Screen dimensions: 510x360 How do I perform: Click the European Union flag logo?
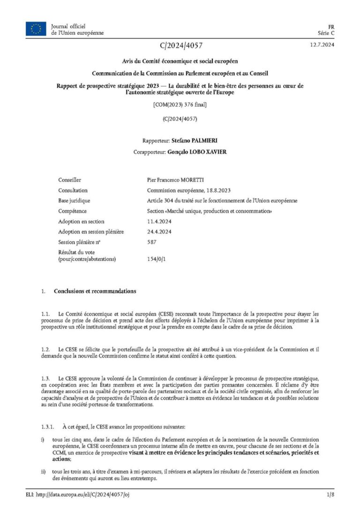[x=36, y=29]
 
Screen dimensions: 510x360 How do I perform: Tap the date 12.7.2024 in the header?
[x=321, y=45]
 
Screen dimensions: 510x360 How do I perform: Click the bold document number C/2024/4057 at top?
[x=181, y=46]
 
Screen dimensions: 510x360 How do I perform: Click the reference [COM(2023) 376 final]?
[x=180, y=104]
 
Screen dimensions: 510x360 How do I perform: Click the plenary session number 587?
[x=151, y=242]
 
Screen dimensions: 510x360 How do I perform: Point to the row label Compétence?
[x=72, y=211]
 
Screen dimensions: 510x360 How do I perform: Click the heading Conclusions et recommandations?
[x=95, y=291]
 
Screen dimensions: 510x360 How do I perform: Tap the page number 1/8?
[x=330, y=495]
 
